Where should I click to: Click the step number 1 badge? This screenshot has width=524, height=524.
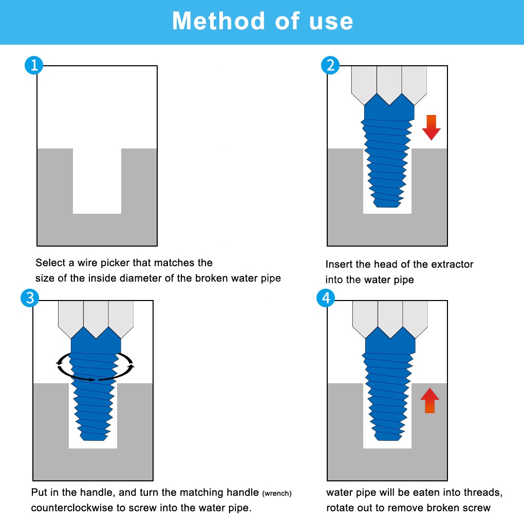34,66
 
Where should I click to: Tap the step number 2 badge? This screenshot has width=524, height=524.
330,66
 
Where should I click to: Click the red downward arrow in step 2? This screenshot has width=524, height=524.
431,127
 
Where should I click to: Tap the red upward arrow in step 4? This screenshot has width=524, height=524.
429,401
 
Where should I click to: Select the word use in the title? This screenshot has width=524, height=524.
331,21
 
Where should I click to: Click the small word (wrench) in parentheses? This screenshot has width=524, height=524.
276,494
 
